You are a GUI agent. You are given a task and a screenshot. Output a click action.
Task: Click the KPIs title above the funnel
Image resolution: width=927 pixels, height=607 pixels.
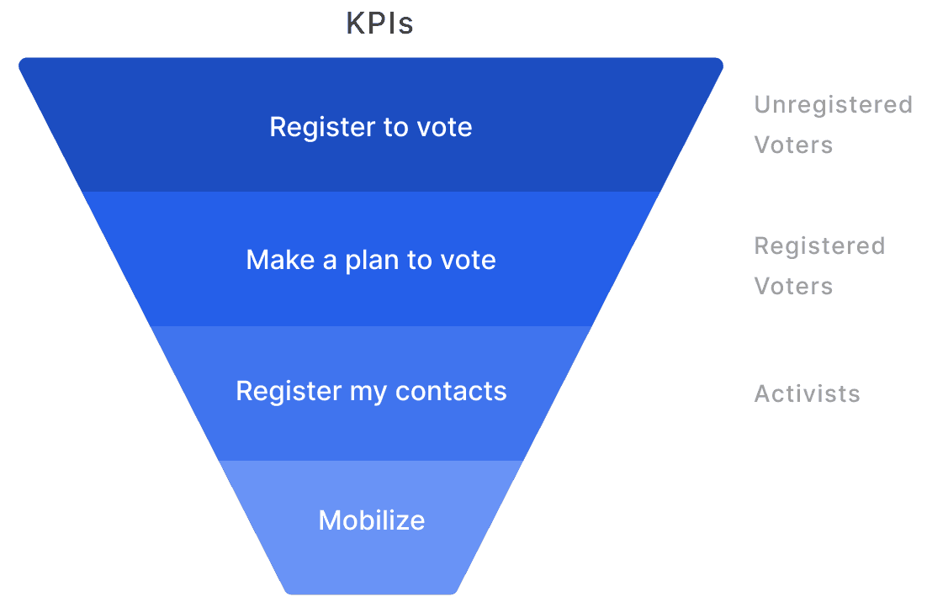(379, 24)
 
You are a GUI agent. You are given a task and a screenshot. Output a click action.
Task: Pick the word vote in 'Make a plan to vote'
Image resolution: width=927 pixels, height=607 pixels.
(468, 260)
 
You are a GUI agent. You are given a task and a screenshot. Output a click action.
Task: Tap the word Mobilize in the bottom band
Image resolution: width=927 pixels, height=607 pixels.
(371, 520)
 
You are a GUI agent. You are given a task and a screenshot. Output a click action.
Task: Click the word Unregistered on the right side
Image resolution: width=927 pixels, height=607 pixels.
(833, 105)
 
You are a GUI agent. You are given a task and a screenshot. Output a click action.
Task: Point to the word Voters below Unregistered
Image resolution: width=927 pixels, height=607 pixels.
(793, 145)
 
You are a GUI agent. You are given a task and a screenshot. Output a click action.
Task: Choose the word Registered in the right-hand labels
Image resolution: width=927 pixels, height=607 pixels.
(819, 246)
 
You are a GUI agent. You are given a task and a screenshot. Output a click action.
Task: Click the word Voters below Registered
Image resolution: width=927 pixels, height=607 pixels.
(793, 287)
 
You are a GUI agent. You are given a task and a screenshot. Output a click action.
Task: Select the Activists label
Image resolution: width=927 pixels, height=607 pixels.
(807, 393)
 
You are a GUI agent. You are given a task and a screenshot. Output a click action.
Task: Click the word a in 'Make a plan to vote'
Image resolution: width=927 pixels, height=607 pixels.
(328, 261)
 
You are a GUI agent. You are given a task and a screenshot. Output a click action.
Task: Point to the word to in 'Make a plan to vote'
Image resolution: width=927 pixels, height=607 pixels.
(419, 260)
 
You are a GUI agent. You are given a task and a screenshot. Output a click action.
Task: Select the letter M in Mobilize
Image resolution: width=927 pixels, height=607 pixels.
(328, 520)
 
